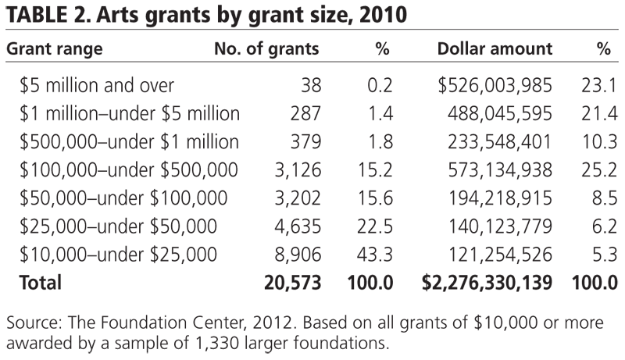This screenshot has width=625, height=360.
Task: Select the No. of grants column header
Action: click(x=266, y=48)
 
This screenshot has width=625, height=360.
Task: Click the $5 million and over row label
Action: click(x=98, y=84)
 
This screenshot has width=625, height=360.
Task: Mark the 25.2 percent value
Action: click(x=596, y=169)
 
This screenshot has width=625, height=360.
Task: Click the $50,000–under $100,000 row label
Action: click(x=123, y=198)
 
